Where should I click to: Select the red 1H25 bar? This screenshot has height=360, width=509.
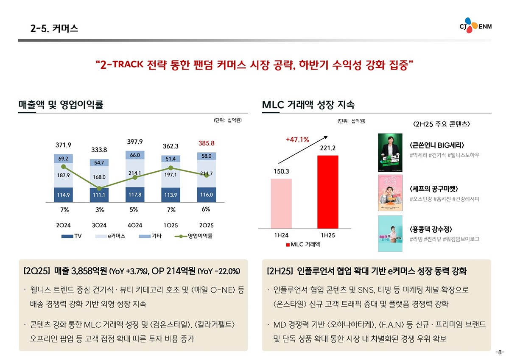[328, 192]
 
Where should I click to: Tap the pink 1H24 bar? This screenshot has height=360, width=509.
[281, 203]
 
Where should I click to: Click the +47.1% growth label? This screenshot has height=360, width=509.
[297, 140]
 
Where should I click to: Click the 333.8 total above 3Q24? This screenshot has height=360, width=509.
[99, 150]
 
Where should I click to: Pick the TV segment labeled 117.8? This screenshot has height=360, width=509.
[135, 195]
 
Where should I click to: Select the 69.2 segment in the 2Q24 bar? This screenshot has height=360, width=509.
[63, 158]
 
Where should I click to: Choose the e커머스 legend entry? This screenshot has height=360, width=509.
[110, 236]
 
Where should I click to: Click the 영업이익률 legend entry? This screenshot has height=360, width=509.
[195, 236]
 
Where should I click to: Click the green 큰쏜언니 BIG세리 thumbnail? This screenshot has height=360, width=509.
[390, 153]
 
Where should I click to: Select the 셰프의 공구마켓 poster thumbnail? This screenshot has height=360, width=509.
[390, 193]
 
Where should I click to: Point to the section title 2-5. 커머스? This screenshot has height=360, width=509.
[54, 29]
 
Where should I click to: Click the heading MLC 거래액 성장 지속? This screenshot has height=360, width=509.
[308, 104]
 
